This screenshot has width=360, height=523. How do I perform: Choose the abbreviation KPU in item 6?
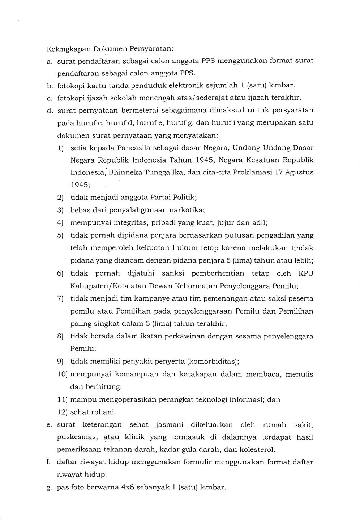tap(306, 273)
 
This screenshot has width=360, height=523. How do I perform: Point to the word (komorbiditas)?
tap(213, 361)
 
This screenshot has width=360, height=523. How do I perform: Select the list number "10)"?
tap(62, 374)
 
